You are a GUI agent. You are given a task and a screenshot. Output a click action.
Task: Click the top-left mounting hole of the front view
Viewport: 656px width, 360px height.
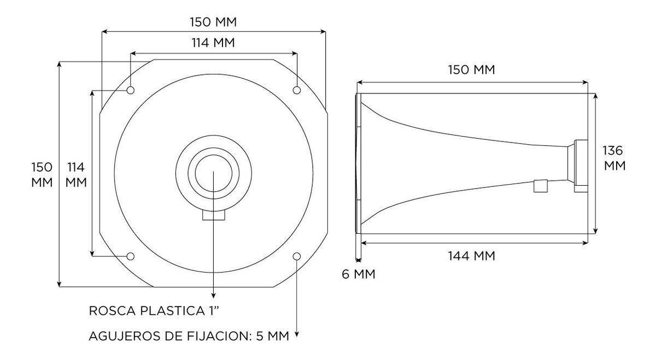(131, 90)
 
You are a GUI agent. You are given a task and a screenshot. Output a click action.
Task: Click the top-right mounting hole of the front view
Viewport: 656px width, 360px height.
(297, 90)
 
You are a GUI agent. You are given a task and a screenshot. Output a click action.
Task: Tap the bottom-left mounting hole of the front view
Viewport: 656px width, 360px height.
(131, 256)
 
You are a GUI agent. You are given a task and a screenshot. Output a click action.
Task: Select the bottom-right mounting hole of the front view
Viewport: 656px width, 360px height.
(297, 256)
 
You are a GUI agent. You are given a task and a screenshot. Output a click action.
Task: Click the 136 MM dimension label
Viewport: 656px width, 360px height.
(614, 158)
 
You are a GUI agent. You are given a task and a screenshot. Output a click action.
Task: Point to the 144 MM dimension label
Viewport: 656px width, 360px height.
(471, 256)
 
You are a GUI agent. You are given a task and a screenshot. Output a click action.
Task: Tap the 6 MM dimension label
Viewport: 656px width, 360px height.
(359, 274)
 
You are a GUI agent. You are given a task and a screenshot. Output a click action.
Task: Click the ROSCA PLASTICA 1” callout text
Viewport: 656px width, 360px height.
(154, 311)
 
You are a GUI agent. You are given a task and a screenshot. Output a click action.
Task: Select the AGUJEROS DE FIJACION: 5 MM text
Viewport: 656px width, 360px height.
(189, 336)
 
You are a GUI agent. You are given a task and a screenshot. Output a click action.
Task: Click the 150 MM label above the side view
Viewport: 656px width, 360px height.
(471, 70)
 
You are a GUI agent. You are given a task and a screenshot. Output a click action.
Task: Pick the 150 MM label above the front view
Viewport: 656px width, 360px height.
(213, 22)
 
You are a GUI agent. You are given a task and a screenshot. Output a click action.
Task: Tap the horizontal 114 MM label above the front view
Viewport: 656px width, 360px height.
(213, 43)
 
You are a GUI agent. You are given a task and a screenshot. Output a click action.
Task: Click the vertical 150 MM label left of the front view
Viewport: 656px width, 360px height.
(42, 175)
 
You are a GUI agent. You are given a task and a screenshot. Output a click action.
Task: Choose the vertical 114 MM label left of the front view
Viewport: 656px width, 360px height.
(76, 175)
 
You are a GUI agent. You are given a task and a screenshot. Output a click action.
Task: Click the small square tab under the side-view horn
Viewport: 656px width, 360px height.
(541, 186)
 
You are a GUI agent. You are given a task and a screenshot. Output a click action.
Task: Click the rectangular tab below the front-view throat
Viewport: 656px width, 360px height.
(214, 215)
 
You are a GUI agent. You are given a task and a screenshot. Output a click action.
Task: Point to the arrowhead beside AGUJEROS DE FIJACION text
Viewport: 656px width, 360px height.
(297, 334)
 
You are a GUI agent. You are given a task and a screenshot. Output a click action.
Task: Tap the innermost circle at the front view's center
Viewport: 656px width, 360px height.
(214, 173)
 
